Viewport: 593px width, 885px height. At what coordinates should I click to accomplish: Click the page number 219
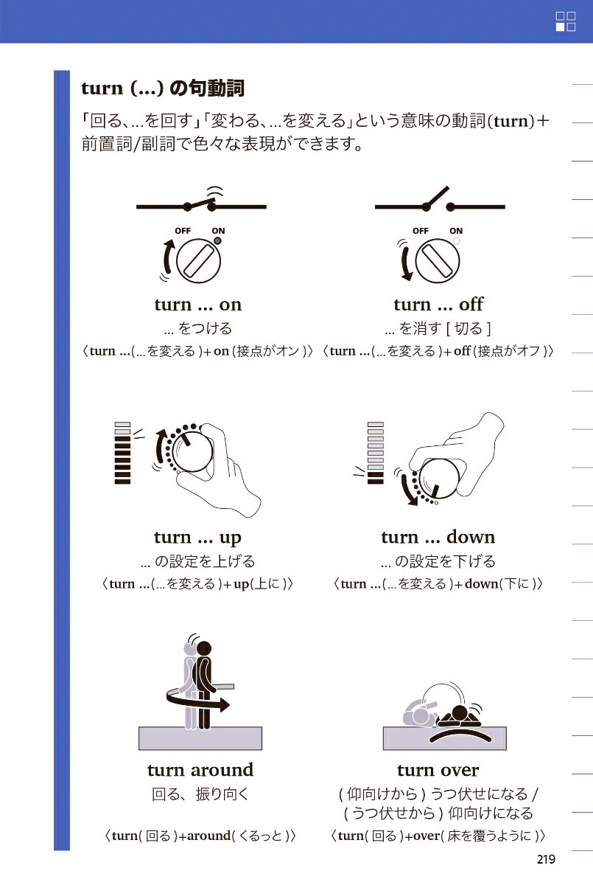point(545,859)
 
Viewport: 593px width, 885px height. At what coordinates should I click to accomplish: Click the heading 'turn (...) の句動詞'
point(163,88)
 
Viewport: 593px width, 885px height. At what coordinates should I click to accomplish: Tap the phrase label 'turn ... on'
point(198,305)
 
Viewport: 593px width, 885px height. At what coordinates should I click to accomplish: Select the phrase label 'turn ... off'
point(438,305)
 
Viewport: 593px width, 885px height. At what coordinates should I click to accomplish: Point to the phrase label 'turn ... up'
point(197,537)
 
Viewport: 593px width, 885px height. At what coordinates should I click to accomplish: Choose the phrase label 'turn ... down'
point(438,537)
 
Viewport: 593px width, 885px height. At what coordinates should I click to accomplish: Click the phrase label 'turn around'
point(200,770)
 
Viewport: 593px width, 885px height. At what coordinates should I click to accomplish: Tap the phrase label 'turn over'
point(438,770)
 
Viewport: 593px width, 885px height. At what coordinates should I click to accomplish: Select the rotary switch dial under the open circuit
point(438,260)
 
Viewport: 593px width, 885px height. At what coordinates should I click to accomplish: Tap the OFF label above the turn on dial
point(183,231)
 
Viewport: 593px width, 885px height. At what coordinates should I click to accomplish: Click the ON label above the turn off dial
point(456,231)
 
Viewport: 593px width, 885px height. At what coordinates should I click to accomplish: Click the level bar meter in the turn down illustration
point(376,453)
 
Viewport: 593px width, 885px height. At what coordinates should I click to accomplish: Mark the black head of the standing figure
point(204,648)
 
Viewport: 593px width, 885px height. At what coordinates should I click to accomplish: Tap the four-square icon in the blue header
point(565,21)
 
